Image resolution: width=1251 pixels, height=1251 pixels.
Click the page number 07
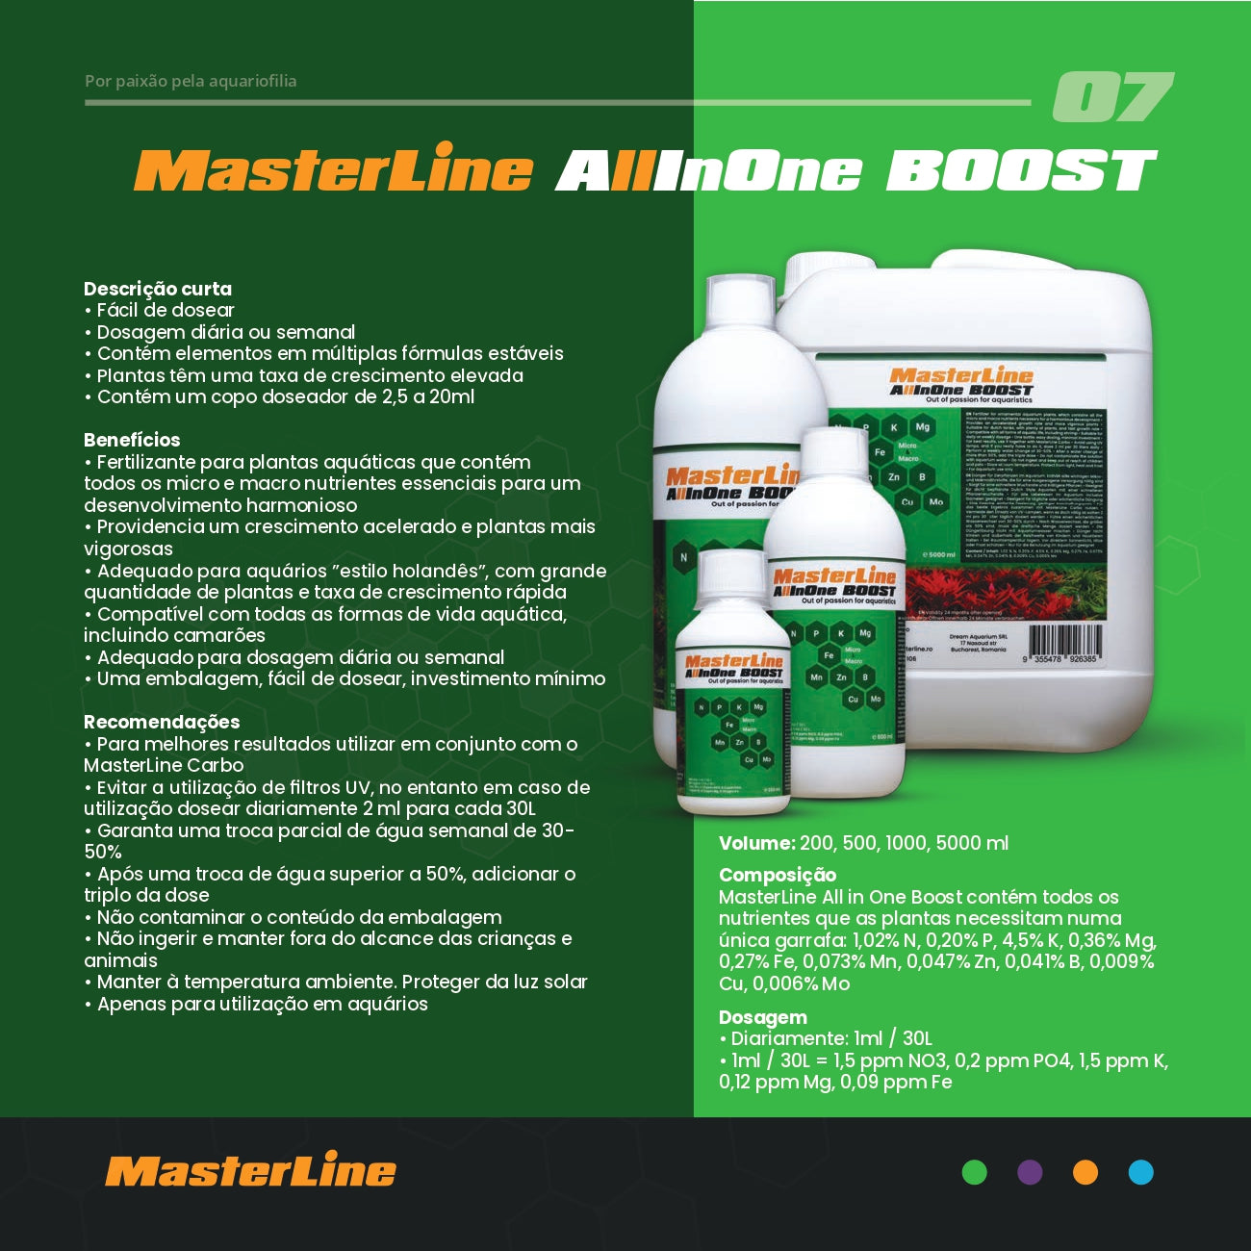click(x=1112, y=97)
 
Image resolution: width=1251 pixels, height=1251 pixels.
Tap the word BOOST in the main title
click(x=1020, y=171)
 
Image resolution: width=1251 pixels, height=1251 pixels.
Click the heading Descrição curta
click(x=158, y=289)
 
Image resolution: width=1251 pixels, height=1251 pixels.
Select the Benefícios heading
click(x=132, y=440)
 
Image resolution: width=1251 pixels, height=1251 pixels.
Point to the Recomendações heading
click(x=162, y=722)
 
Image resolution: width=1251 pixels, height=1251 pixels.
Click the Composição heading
click(x=778, y=875)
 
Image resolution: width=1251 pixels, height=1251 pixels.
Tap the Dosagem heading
click(x=763, y=1017)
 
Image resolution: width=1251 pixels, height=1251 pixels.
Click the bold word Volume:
click(x=756, y=843)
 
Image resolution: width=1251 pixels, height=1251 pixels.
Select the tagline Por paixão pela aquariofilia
click(x=191, y=81)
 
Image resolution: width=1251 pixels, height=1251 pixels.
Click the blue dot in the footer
click(x=1140, y=1172)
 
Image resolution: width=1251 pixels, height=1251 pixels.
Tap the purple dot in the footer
click(x=1030, y=1172)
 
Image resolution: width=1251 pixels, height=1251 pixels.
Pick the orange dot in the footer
click(x=1085, y=1172)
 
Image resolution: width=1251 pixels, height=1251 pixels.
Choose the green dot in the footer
click(x=975, y=1172)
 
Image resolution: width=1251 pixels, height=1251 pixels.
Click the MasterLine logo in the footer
click(x=250, y=1171)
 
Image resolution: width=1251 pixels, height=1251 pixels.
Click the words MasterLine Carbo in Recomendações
click(x=164, y=766)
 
